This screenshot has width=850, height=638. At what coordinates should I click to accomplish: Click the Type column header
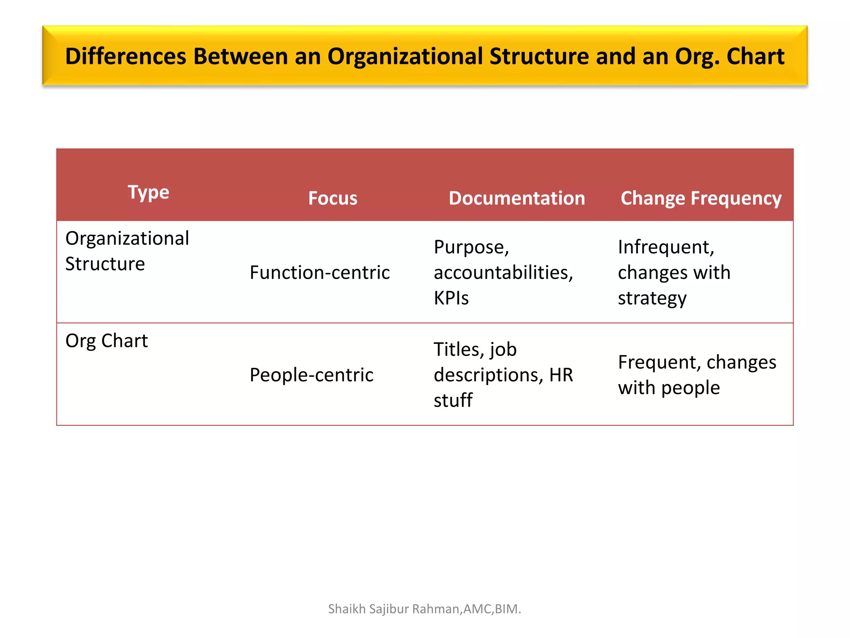(148, 192)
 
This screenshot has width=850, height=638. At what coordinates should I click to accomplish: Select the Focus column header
(332, 198)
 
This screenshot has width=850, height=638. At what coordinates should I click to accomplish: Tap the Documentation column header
(517, 198)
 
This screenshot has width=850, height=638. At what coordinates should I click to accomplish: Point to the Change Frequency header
(701, 198)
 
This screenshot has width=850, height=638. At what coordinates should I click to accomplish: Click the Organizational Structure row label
(127, 251)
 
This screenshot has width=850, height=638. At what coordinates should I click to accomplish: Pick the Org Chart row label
(106, 341)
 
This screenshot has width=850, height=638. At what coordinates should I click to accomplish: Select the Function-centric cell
(320, 272)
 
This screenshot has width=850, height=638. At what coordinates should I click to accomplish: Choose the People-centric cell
(311, 375)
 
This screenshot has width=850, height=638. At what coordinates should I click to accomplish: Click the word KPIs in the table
(451, 298)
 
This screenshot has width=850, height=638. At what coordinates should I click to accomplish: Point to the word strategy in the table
(652, 298)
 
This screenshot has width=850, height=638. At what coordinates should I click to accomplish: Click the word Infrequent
(666, 247)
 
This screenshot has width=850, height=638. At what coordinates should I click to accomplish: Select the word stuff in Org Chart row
(453, 400)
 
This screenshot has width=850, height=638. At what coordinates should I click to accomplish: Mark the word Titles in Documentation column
(459, 349)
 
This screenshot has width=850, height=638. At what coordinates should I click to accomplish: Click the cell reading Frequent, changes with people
(697, 375)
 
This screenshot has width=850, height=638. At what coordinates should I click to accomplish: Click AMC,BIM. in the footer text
(492, 609)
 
